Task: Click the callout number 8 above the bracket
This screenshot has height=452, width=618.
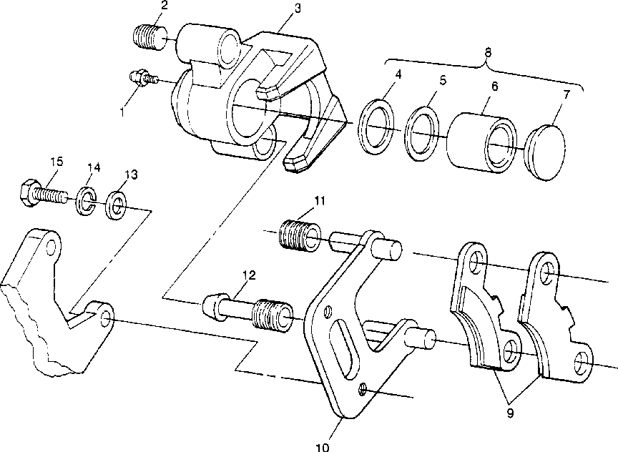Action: coord(488,52)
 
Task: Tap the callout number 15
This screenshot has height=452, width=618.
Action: coord(57,162)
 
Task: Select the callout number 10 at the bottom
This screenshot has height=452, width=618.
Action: coord(323,447)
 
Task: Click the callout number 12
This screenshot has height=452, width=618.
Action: coord(249,275)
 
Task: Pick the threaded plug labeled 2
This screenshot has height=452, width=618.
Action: coord(149,38)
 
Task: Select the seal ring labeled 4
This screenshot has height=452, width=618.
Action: coord(377,127)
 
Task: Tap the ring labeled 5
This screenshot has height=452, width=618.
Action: coord(422,134)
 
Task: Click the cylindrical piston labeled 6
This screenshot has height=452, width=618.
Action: coord(481,143)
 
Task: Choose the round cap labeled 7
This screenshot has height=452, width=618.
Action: coord(546,153)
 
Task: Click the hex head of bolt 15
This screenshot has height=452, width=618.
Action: coord(28,192)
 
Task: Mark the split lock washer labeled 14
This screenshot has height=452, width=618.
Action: coord(86,201)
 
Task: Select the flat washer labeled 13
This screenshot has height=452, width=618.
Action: coord(116,205)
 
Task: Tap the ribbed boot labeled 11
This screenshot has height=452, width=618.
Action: coord(300,237)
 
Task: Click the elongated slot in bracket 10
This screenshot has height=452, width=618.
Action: coord(344,350)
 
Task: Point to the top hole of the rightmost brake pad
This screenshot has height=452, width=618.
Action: coord(548,273)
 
